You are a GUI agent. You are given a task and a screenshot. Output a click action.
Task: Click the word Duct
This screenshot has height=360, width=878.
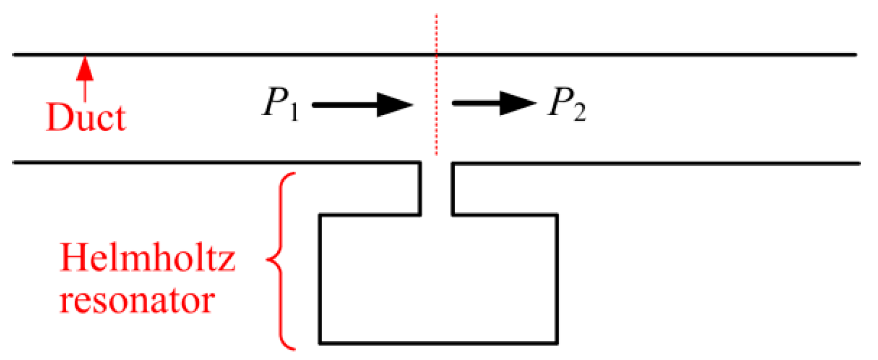point(86,117)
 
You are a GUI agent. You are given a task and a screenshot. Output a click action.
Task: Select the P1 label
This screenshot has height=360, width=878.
point(280,103)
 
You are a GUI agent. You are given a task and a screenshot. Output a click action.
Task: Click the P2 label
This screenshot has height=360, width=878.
point(567,103)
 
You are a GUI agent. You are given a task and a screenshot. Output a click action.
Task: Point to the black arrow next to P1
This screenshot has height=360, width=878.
point(363,105)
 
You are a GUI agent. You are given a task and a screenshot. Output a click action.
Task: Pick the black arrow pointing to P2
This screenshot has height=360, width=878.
point(494,103)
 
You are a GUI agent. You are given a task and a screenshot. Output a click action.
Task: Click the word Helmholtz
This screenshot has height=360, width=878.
point(147,258)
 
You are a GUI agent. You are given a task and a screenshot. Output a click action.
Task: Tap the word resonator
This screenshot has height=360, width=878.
point(137,300)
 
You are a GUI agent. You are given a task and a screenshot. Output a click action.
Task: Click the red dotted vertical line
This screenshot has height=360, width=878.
point(437,85)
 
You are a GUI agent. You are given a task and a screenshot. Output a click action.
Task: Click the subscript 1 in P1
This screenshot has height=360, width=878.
point(293,112)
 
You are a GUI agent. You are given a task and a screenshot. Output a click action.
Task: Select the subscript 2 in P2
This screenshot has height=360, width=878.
point(579,113)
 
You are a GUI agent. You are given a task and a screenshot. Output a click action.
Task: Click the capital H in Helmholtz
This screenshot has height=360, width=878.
point(74,258)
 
